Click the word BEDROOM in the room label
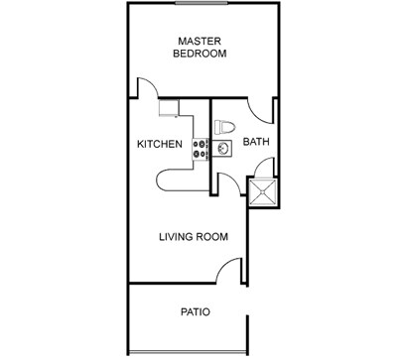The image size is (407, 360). [201, 55]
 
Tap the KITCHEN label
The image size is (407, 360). [160, 145]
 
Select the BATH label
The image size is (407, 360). [257, 143]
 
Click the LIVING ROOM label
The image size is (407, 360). [195, 237]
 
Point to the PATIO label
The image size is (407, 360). [195, 311]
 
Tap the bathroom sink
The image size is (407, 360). [223, 149]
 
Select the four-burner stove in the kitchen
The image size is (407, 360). [200, 148]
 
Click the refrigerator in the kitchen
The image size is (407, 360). [168, 105]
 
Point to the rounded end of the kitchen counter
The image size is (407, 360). [165, 179]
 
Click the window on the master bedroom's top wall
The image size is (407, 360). [204, 4]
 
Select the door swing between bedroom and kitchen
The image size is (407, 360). [146, 89]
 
